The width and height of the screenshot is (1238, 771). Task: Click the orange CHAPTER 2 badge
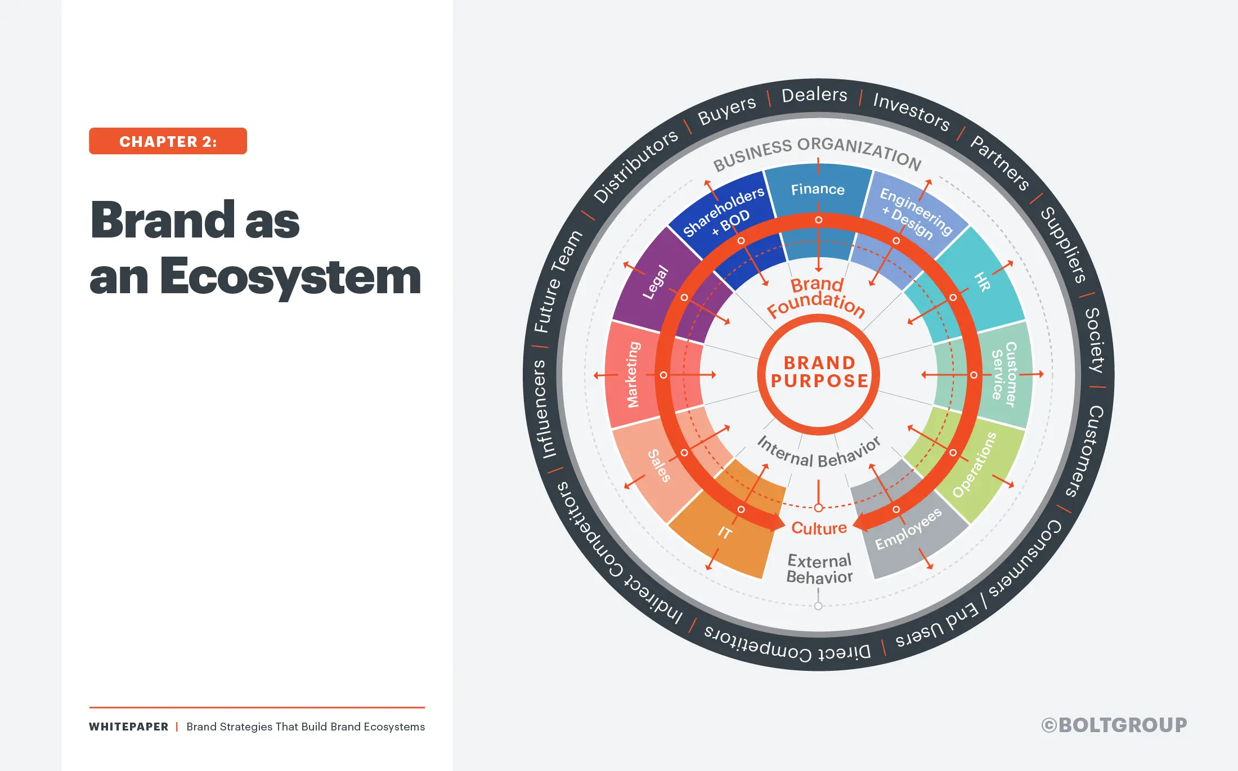[x=168, y=141]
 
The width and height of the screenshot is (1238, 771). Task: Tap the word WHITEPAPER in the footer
[x=129, y=727]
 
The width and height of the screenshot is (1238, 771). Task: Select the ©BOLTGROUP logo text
[x=1114, y=725]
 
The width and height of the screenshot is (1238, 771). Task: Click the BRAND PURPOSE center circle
[x=819, y=373]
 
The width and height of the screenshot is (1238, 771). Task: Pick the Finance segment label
[x=818, y=190]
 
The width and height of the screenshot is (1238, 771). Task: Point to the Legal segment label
[x=656, y=283]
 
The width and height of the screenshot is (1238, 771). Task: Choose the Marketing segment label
[x=634, y=374]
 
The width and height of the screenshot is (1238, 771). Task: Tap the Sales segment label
[x=659, y=466]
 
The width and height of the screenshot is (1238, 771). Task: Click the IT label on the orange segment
[x=725, y=532]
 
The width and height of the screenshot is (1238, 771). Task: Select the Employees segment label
[x=908, y=529]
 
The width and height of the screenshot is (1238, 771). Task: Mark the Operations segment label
[x=974, y=465]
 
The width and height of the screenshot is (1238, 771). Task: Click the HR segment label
[x=982, y=281]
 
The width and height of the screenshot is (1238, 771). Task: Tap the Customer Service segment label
[x=1004, y=374]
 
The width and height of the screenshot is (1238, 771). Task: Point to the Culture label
[x=819, y=528]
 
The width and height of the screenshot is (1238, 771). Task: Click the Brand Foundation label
[x=816, y=297]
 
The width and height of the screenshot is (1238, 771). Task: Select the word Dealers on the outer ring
[x=814, y=95]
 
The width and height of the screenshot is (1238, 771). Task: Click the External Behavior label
[x=819, y=569]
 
